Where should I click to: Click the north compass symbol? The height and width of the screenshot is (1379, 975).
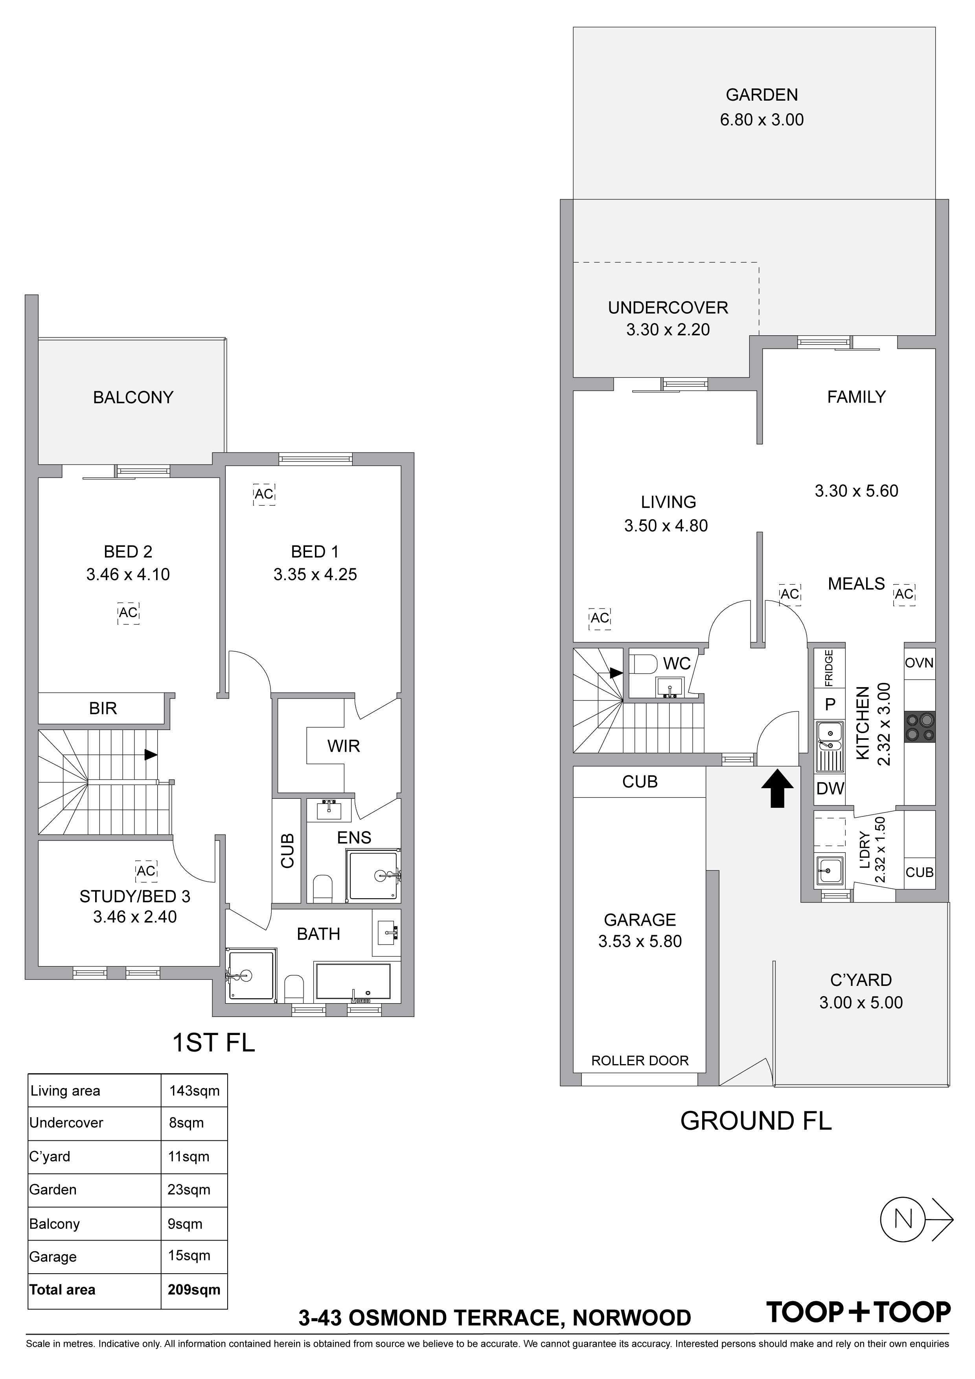click(x=916, y=1219)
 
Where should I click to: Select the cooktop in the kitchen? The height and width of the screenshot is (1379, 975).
click(x=920, y=727)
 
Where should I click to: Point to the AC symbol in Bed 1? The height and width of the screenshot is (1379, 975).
click(x=264, y=494)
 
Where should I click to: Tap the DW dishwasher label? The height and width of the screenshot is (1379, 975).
click(x=830, y=789)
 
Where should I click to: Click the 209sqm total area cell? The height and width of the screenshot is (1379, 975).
click(x=194, y=1289)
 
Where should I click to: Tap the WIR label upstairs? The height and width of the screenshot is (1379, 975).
click(x=344, y=746)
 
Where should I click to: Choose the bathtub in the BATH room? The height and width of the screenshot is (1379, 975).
click(x=353, y=982)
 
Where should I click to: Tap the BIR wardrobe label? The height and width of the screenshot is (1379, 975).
click(x=103, y=709)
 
